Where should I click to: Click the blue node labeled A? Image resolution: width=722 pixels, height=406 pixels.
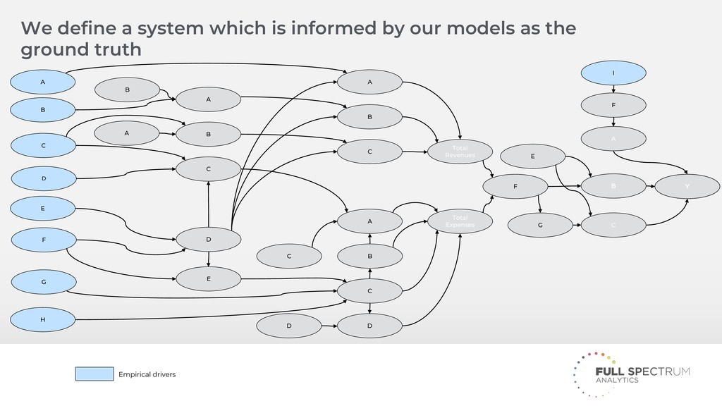click(x=42, y=82)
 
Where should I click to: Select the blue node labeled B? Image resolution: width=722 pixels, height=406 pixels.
click(x=42, y=110)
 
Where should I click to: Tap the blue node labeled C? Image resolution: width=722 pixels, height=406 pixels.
click(x=42, y=145)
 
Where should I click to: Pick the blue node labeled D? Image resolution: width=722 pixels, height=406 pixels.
click(x=42, y=178)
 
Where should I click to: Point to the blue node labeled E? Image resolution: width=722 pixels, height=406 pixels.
click(x=42, y=209)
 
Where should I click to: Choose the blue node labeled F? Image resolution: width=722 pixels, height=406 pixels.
click(x=42, y=240)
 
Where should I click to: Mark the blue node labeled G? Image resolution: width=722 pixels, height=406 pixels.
click(x=42, y=282)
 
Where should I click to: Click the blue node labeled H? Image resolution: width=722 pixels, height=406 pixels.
click(x=42, y=319)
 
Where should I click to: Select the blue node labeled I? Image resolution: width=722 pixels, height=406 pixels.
click(x=613, y=73)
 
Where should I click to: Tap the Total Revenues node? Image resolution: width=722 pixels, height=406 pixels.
click(x=460, y=152)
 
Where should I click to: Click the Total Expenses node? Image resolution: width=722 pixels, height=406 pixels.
click(x=460, y=221)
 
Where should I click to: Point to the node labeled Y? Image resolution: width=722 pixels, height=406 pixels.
click(x=687, y=187)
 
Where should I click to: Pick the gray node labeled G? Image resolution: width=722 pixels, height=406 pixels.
click(x=540, y=226)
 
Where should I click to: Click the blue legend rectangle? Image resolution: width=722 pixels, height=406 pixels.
click(x=94, y=374)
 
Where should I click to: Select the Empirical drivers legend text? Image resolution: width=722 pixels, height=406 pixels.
click(x=147, y=374)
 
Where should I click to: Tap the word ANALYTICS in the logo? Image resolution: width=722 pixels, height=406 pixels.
click(x=617, y=381)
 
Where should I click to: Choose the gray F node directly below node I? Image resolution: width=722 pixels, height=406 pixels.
click(x=613, y=105)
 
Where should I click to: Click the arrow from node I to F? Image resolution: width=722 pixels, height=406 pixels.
click(x=613, y=89)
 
